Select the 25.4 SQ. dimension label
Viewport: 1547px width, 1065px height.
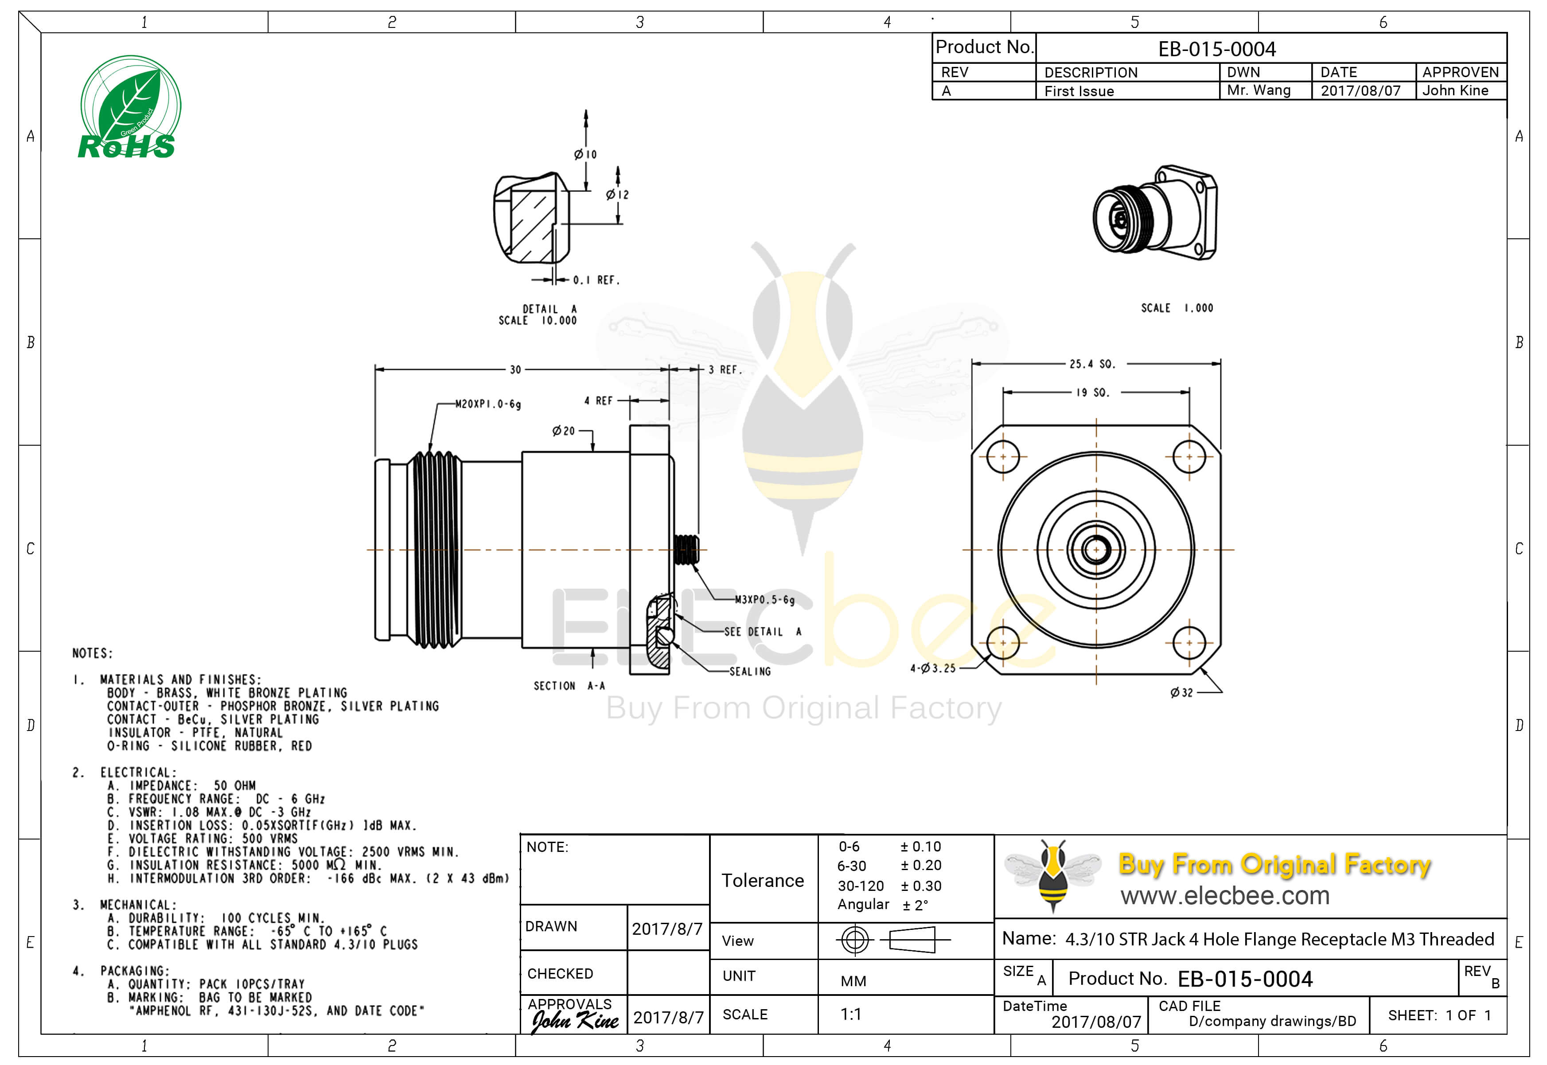(x=1092, y=364)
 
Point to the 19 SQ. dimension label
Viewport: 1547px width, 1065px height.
(x=1092, y=393)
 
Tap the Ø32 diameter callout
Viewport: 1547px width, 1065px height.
(x=1181, y=693)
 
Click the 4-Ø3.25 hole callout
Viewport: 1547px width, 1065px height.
(x=933, y=668)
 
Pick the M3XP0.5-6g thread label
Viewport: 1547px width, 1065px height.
(x=765, y=600)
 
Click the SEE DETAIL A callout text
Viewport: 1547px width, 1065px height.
(x=763, y=632)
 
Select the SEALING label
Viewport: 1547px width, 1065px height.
(x=750, y=671)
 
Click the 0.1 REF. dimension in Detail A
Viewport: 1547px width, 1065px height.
(x=596, y=280)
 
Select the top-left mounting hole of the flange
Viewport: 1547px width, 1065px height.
(x=1002, y=457)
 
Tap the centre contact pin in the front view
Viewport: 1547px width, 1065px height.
(x=1096, y=550)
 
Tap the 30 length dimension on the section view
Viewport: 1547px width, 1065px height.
(x=515, y=369)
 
